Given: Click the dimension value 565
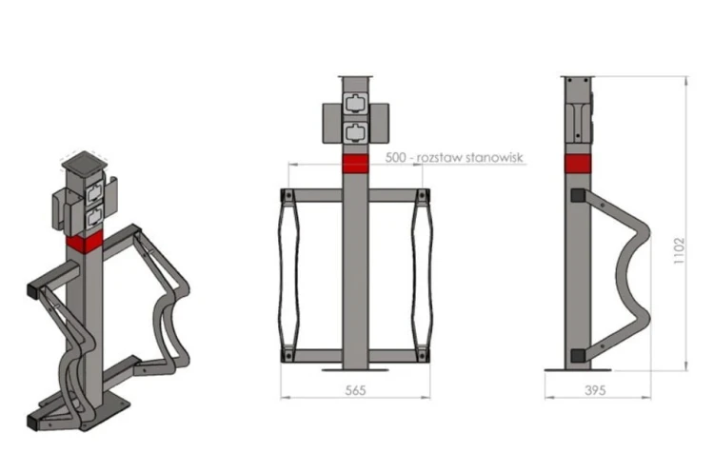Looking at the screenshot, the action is click(x=355, y=390).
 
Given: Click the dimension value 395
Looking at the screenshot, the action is click(x=595, y=390).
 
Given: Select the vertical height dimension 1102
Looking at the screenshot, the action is click(x=679, y=250).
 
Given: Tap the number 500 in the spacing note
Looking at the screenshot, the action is click(x=395, y=158).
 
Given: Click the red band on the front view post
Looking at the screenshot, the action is click(x=355, y=164).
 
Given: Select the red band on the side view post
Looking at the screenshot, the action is click(x=578, y=164).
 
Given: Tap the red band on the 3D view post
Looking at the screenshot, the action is click(x=84, y=242).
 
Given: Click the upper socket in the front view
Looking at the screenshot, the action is click(x=355, y=103).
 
